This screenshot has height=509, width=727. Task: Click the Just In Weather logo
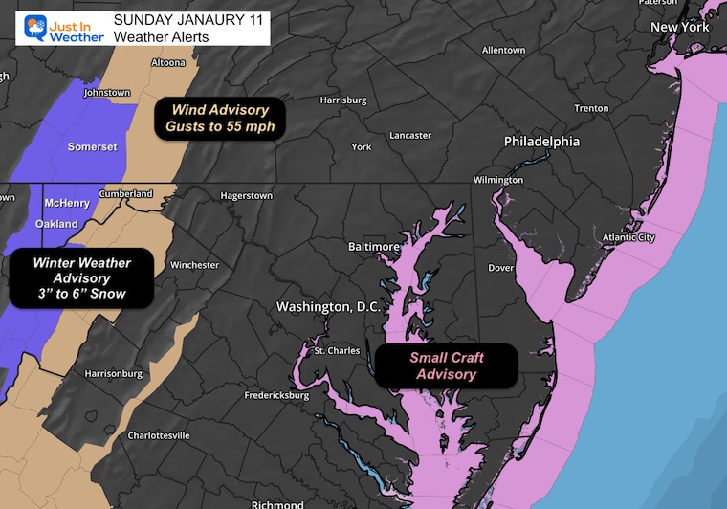tap(55, 24)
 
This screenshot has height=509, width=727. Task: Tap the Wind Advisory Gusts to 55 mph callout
tap(220, 120)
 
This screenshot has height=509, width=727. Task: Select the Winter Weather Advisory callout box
tap(81, 277)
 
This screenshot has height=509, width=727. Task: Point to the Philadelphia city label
tap(541, 141)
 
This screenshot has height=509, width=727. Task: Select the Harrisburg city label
tap(343, 100)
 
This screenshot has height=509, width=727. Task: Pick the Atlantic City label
tap(628, 237)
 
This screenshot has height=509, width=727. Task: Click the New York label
tap(680, 28)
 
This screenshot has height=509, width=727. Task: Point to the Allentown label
tap(503, 50)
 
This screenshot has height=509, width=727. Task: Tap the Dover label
tap(502, 268)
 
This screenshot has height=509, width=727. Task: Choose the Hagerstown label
tap(246, 195)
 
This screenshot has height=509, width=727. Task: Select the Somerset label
tap(92, 146)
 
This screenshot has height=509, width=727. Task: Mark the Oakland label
tap(56, 224)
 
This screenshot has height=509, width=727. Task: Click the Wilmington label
tap(498, 180)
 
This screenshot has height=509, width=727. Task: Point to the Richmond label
tap(276, 503)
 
